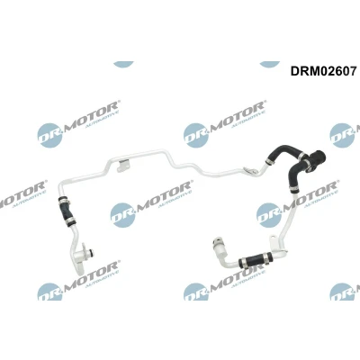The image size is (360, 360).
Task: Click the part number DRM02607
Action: click(x=323, y=71)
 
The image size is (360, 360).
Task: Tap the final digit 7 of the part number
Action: click(x=353, y=71)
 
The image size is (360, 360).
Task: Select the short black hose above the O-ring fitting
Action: click(x=67, y=211)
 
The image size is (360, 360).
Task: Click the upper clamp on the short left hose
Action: click(x=64, y=200)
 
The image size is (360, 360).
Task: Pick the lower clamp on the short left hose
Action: click(x=70, y=223)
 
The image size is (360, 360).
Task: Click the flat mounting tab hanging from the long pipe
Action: click(x=123, y=166)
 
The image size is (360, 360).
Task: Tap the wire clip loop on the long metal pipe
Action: click(x=251, y=171)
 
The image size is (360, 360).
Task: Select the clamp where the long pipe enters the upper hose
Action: click(x=269, y=162)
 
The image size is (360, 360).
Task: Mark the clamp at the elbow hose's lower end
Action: click(x=294, y=190)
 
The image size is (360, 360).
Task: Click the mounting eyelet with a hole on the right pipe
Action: click(x=274, y=240)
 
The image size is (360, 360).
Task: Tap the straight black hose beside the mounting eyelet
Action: click(x=255, y=258)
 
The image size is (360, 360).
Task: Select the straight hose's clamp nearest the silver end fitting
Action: click(x=242, y=263)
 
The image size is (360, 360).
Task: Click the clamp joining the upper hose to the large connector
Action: click(x=303, y=156)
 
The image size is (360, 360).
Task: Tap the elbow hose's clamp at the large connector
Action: click(x=307, y=164)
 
